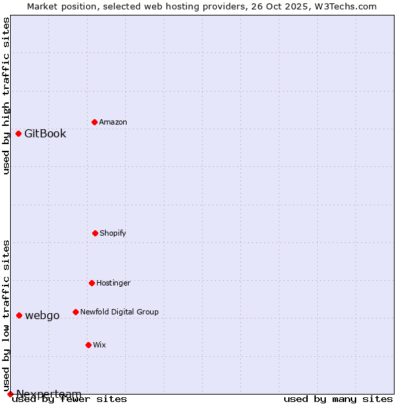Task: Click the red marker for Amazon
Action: pyautogui.click(x=94, y=122)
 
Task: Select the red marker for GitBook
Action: pyautogui.click(x=18, y=133)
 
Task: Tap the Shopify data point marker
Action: pyautogui.click(x=95, y=233)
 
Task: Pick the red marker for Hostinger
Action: pyautogui.click(x=92, y=283)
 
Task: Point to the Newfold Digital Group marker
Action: pyautogui.click(x=75, y=312)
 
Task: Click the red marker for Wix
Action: pyautogui.click(x=88, y=345)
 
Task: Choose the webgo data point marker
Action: pyautogui.click(x=19, y=315)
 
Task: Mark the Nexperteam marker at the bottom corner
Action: pyautogui.click(x=10, y=394)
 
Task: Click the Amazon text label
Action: pyautogui.click(x=113, y=122)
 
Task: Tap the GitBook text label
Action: pyautogui.click(x=45, y=133)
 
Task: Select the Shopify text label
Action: pyautogui.click(x=113, y=233)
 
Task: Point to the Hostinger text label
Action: pyautogui.click(x=113, y=283)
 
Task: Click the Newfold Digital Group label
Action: pyautogui.click(x=119, y=312)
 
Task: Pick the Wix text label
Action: pyautogui.click(x=100, y=345)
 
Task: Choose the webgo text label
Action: pyautogui.click(x=42, y=315)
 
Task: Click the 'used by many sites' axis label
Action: pyautogui.click(x=338, y=399)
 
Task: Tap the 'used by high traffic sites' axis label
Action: pyautogui.click(x=6, y=96)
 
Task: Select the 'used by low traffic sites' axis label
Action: pyautogui.click(x=6, y=315)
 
